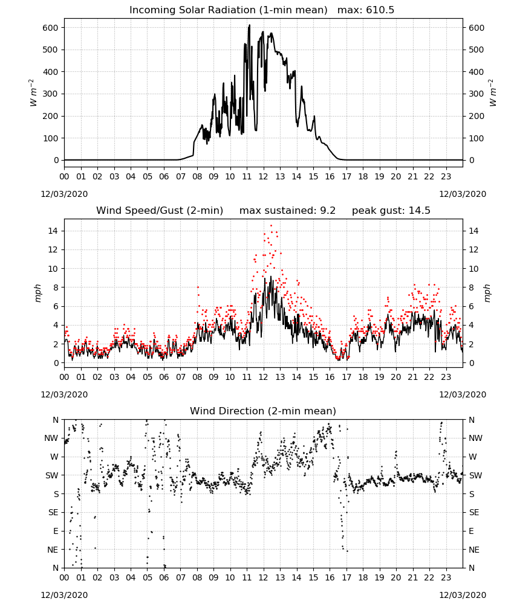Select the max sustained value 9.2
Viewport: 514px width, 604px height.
327,210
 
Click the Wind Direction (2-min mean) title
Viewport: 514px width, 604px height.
263,411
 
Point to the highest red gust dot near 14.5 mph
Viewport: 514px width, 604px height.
271,226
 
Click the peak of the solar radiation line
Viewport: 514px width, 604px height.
250,25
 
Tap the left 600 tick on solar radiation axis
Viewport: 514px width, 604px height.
51,28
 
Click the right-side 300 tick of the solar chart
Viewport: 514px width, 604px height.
476,94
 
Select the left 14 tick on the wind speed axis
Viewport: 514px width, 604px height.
53,231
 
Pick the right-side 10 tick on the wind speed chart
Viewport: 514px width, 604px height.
473,269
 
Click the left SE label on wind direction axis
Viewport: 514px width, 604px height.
54,512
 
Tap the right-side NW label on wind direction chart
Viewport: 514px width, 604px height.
475,438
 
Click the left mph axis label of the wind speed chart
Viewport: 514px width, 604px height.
37,293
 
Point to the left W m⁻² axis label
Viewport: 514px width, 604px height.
33,93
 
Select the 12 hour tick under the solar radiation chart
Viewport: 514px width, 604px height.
264,177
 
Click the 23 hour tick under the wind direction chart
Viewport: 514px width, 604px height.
446,578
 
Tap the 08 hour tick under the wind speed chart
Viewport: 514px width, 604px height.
197,377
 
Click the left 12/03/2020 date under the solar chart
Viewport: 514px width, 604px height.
64,194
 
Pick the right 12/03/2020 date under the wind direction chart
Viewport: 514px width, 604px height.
463,595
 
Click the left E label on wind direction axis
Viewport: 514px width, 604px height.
56,531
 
